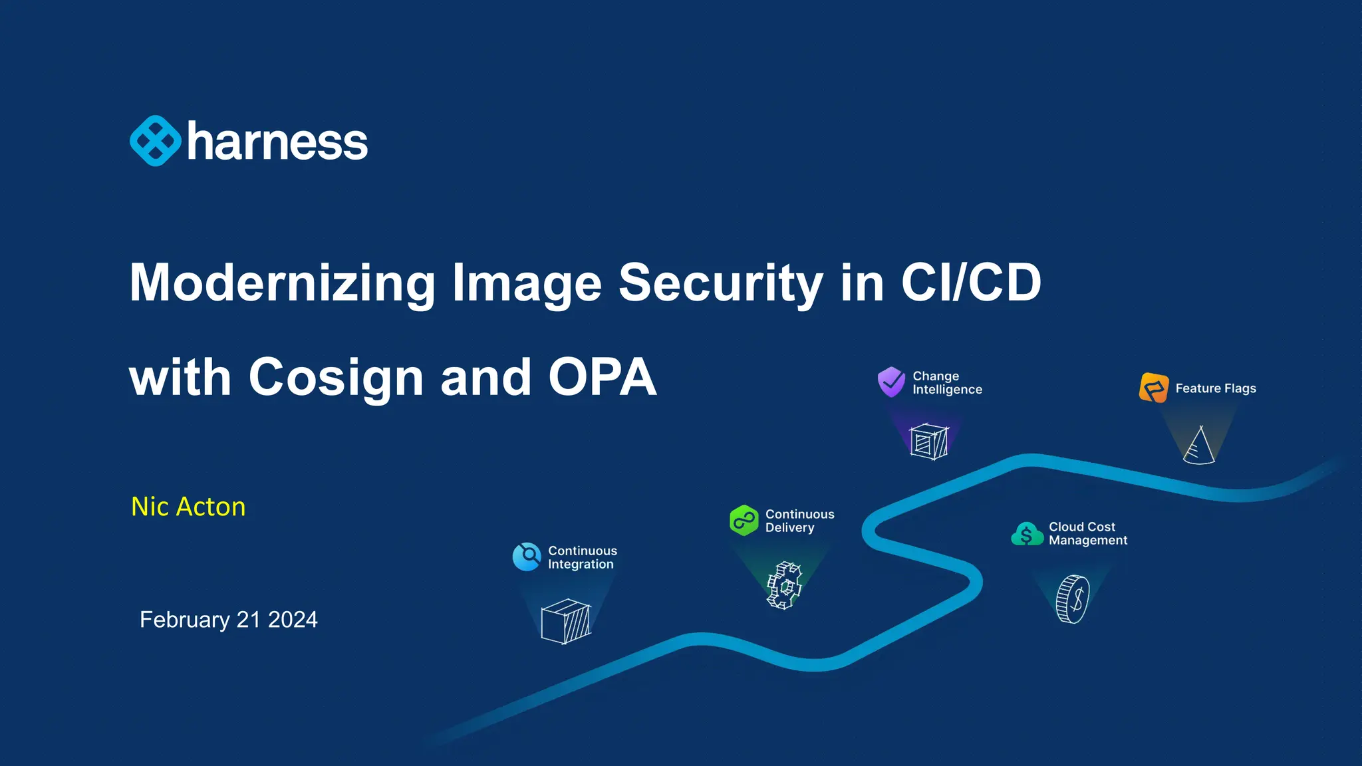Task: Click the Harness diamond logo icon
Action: (155, 141)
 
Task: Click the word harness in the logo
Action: (277, 142)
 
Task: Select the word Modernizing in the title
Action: (282, 283)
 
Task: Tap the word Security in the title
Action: (720, 283)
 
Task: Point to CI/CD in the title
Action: (970, 283)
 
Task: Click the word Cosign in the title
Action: (336, 377)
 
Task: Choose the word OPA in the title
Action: (602, 377)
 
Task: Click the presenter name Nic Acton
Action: (188, 507)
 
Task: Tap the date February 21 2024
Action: (228, 620)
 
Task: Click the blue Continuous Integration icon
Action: (527, 557)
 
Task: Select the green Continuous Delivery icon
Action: (744, 520)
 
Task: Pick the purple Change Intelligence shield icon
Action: (891, 382)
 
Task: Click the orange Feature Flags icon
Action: (1154, 388)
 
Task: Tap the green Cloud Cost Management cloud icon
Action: (1027, 534)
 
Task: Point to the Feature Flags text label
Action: (1216, 388)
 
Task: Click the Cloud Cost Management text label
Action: (1088, 533)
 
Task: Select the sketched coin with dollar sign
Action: (1073, 599)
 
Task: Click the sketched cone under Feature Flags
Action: (1199, 446)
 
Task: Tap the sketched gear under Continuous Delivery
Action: (785, 585)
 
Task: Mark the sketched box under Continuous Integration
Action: (566, 621)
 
